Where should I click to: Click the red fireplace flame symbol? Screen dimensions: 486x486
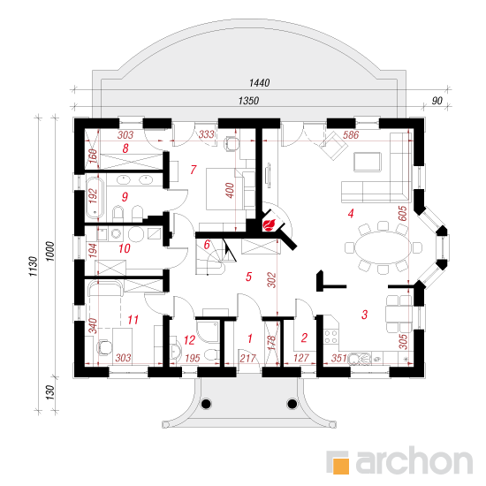tap(269, 224)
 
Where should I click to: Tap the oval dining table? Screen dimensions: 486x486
tap(383, 247)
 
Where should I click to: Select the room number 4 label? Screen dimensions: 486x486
tap(351, 213)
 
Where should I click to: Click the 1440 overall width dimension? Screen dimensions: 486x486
tap(259, 83)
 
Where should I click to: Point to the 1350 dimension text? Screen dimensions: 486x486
tap(248, 101)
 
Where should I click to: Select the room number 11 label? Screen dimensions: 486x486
tap(133, 320)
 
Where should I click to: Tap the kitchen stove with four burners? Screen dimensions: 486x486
tap(330, 337)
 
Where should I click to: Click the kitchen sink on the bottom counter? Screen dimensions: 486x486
tap(359, 358)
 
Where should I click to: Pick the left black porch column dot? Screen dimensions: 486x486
tap(206, 404)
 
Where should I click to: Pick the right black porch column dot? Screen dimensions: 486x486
tap(292, 404)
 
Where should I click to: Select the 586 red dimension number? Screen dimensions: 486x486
tap(351, 135)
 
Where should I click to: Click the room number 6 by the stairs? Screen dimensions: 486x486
tap(207, 244)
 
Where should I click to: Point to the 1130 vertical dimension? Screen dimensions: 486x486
tap(34, 266)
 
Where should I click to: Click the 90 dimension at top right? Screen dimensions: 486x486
tap(437, 101)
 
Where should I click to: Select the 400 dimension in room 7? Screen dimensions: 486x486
tap(230, 190)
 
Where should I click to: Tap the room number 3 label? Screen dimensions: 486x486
tap(364, 315)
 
